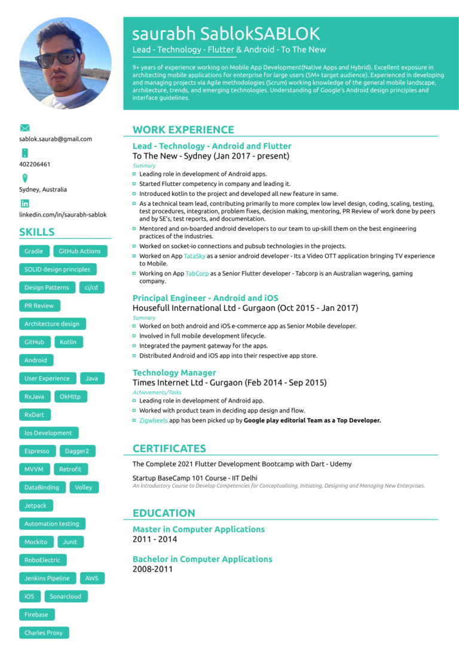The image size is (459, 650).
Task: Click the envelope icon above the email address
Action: point(25,128)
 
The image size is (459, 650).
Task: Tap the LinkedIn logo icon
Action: point(25,203)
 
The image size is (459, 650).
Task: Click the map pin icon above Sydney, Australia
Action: point(25,178)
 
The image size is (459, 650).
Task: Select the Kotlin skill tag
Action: point(68,342)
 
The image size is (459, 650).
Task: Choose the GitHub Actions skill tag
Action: point(80,251)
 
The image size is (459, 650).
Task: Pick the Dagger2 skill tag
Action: point(76,451)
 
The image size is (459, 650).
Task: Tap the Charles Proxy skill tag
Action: point(44,633)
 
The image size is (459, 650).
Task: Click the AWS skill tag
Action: point(91,578)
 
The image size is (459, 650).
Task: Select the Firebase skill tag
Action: point(36,614)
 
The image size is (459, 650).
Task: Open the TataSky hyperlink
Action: point(194,256)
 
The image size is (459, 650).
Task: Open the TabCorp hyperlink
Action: point(197,273)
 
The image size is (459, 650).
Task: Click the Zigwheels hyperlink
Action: point(154,420)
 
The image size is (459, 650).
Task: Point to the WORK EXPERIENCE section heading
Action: point(183,130)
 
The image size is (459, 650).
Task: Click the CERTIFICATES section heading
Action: point(169,448)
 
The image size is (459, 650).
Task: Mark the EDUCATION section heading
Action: point(164,513)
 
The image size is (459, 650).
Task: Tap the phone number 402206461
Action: point(35,164)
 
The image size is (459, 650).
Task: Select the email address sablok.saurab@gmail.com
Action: point(56,139)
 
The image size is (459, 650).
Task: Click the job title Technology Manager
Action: point(174,373)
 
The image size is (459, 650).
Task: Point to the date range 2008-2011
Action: point(152,569)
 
